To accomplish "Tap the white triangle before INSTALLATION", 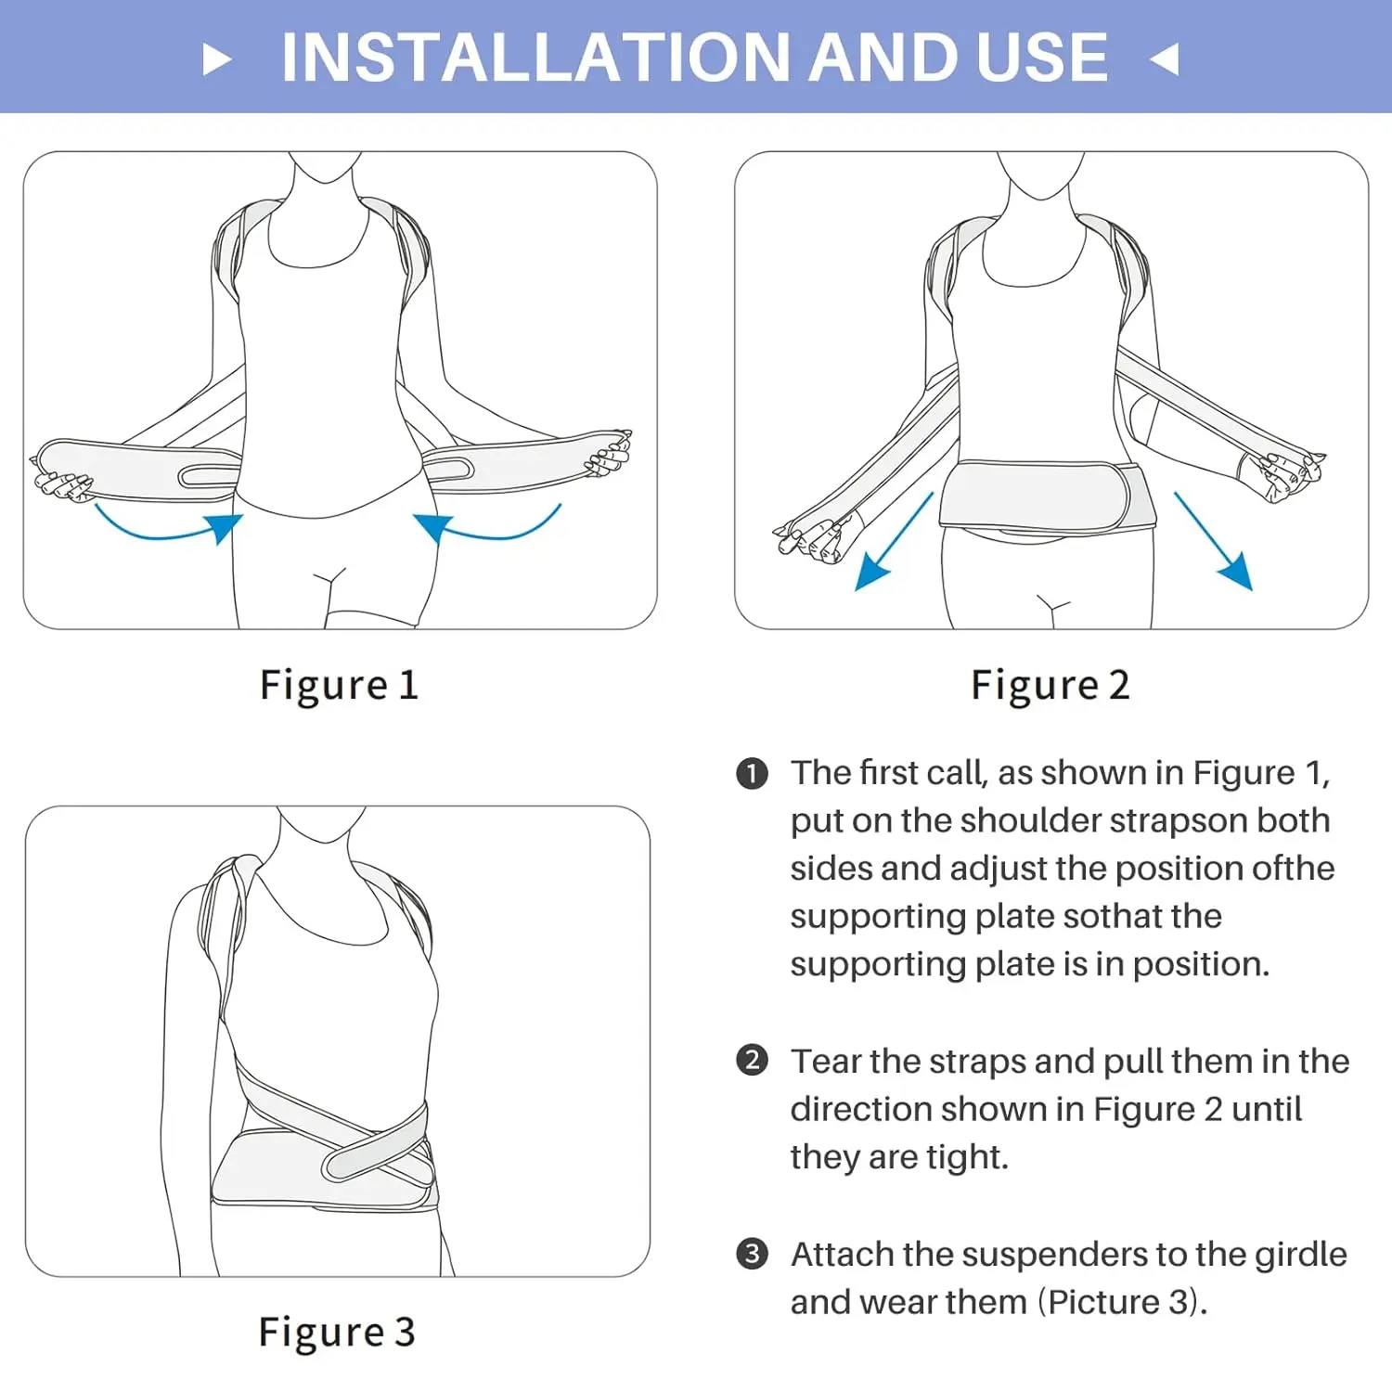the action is coord(216,59).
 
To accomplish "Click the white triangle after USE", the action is coord(1165,59).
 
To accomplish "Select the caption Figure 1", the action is coord(339,686).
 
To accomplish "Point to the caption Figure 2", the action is coord(1050,686).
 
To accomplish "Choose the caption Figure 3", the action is coord(337,1333).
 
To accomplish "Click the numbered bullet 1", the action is coord(752,774).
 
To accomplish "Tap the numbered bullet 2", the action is coord(752,1061).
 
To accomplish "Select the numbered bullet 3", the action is coord(752,1255).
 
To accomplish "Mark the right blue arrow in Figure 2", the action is coord(1213,541).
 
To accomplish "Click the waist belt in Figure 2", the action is coord(1048,496).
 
